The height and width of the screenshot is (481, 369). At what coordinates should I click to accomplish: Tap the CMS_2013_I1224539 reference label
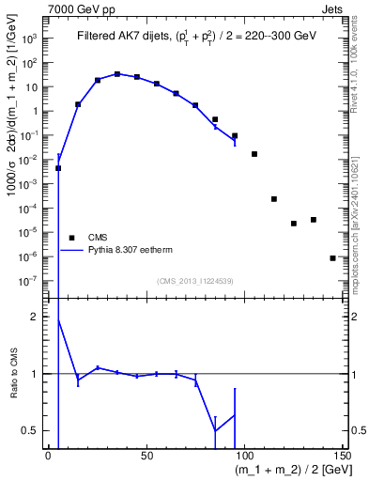[196, 281]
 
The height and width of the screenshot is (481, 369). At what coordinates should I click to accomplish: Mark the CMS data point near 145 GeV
[332, 257]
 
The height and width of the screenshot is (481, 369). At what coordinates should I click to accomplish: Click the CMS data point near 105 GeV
[254, 153]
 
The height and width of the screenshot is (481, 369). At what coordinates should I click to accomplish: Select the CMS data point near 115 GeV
[274, 199]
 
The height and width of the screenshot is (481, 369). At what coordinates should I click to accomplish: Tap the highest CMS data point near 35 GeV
[117, 73]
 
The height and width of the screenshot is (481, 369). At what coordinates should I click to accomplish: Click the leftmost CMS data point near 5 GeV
[58, 168]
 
